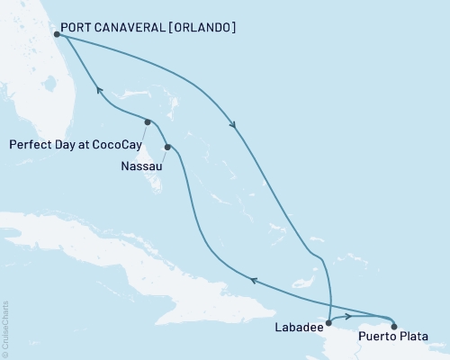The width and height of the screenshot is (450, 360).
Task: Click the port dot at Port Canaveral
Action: (x=57, y=35)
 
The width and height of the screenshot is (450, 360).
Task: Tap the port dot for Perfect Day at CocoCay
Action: (x=148, y=121)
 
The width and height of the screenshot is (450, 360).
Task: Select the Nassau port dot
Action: (x=167, y=147)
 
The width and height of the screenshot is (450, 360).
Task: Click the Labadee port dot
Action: (x=328, y=321)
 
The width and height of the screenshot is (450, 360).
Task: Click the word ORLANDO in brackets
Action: (x=202, y=28)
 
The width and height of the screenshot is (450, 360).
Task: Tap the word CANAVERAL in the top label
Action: (x=128, y=28)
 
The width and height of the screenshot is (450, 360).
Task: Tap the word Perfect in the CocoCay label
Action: (x=30, y=142)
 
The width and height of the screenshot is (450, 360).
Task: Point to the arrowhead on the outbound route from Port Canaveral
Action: (x=236, y=126)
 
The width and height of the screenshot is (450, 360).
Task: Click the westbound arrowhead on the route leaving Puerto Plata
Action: (x=253, y=281)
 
